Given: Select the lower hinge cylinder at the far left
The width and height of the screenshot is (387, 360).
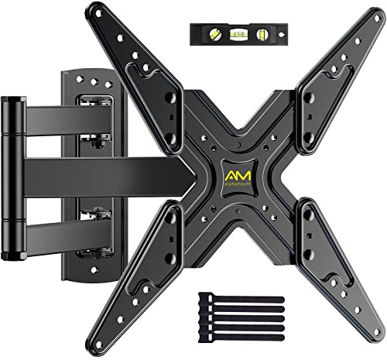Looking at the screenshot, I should point(12,225).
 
